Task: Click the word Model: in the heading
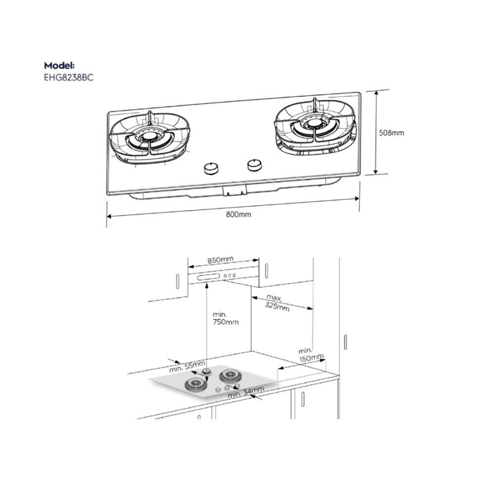(59, 65)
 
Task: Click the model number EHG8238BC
(69, 78)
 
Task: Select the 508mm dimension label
(391, 133)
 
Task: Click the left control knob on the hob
(211, 168)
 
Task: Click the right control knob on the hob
(254, 165)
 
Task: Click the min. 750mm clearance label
(226, 318)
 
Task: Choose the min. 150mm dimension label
(311, 354)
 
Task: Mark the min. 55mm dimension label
(187, 367)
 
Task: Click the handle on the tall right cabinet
(345, 342)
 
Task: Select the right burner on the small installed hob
(229, 375)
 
